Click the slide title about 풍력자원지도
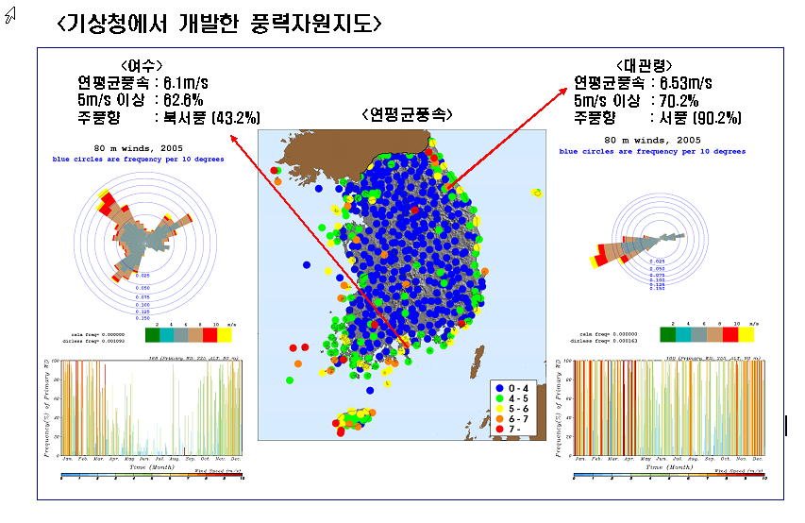pyautogui.click(x=219, y=23)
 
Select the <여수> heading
pyautogui.click(x=137, y=65)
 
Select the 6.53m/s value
pyautogui.click(x=689, y=82)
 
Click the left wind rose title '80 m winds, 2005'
pyautogui.click(x=139, y=148)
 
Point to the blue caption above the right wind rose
pyautogui.click(x=652, y=151)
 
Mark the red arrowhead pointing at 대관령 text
pyautogui.click(x=572, y=91)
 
